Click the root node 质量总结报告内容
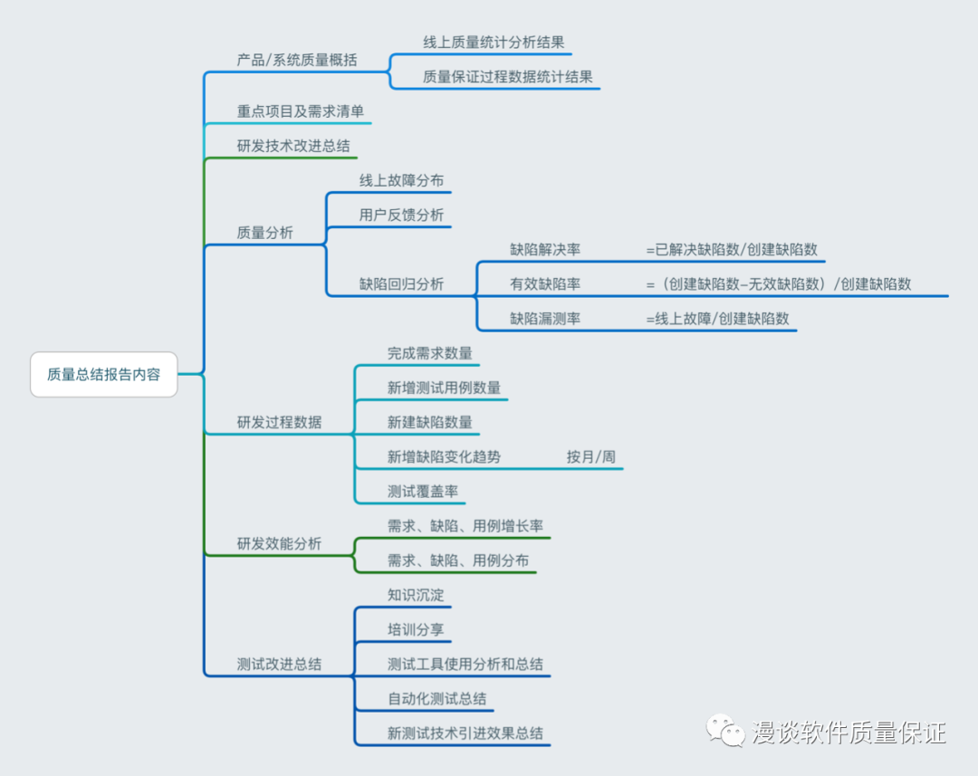[x=103, y=374]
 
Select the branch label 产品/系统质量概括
[x=296, y=61]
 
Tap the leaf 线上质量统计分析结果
[x=494, y=42]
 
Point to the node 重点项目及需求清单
[x=300, y=111]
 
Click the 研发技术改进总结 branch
[x=292, y=146]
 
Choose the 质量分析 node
[x=264, y=233]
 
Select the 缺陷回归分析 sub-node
[x=401, y=283]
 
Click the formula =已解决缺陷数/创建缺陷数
[x=732, y=249]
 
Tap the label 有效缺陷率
[x=545, y=283]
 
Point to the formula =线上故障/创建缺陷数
[x=717, y=318]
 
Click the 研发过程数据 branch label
[x=279, y=422]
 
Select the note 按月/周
[x=590, y=456]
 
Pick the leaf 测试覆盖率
[x=422, y=491]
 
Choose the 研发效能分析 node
[x=279, y=543]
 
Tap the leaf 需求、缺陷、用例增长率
[x=465, y=526]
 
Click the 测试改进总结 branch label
[x=279, y=664]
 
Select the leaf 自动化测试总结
[x=436, y=698]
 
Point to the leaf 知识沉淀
[x=416, y=595]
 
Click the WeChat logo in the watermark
[x=726, y=731]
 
